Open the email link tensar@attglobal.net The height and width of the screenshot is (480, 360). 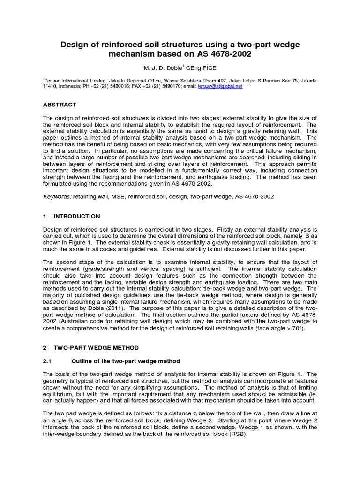pyautogui.click(x=226, y=87)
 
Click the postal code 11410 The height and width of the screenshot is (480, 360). pyautogui.click(x=50, y=87)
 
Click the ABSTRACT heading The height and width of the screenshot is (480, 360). pyautogui.click(x=59, y=105)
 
